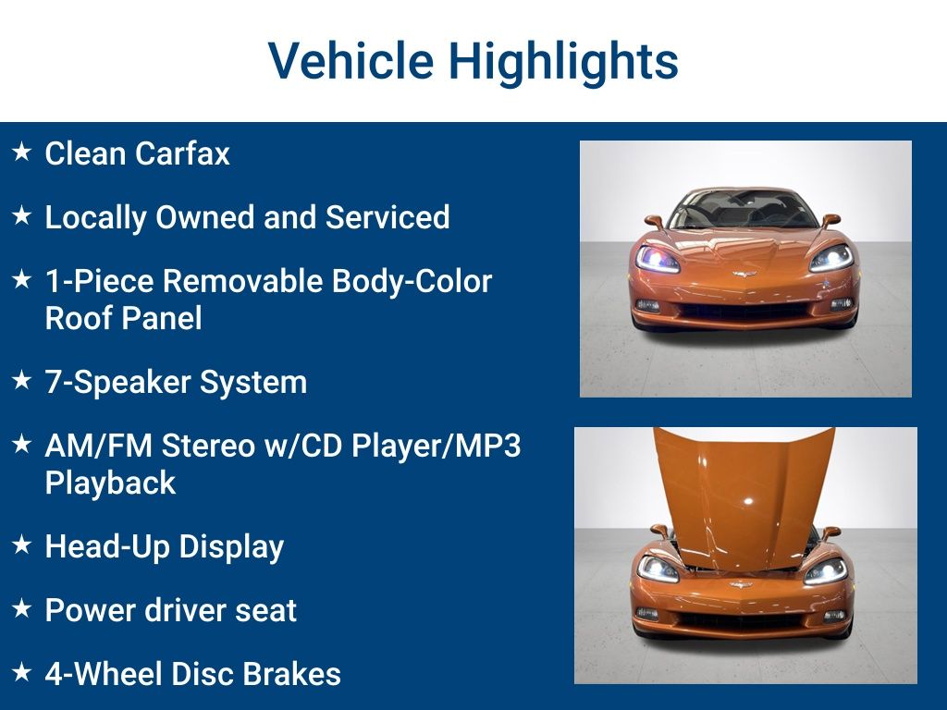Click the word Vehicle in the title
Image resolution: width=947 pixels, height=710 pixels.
[351, 60]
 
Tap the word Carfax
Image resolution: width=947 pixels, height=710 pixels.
[183, 153]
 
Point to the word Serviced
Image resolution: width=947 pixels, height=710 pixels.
[387, 216]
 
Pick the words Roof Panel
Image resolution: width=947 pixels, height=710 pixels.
[123, 318]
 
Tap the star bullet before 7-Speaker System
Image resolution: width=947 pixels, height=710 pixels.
[22, 380]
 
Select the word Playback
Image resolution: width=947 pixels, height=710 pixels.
[110, 483]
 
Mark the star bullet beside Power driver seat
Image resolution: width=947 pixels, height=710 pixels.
[22, 608]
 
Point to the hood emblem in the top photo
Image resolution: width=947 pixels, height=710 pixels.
[744, 275]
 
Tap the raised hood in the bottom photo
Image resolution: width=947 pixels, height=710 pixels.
[744, 496]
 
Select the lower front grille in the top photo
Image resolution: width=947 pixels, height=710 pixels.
[744, 312]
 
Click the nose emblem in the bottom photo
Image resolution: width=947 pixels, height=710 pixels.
[741, 584]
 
